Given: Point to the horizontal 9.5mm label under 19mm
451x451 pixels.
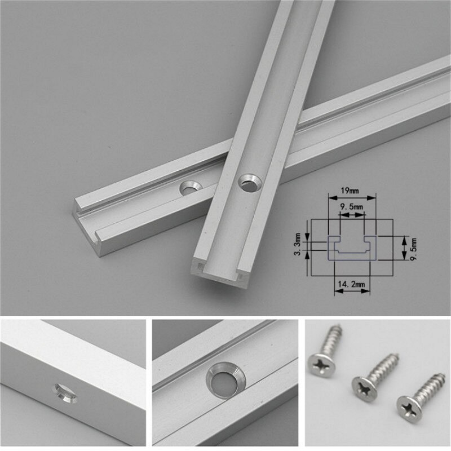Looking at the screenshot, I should [351, 208].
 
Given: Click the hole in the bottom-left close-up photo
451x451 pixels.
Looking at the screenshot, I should [64, 390].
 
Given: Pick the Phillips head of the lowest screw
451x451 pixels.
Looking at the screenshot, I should [408, 405].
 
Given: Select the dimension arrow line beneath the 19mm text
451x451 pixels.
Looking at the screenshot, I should [351, 198].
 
